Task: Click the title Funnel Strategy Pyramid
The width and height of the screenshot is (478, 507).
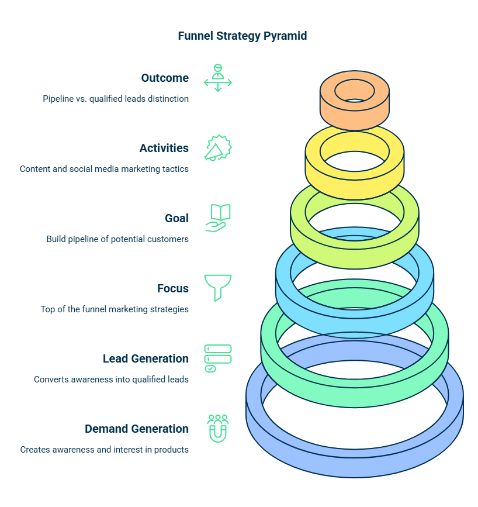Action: [x=242, y=36]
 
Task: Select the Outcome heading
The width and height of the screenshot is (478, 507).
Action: [x=165, y=78]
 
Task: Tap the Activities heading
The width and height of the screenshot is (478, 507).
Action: [x=164, y=148]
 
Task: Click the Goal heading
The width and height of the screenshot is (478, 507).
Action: [x=176, y=218]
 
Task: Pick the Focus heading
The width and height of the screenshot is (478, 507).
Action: [x=173, y=288]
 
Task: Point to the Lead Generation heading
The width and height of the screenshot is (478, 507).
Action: [x=146, y=358]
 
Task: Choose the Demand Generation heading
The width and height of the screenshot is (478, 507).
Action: [x=137, y=429]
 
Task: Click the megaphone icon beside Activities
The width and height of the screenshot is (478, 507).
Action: [x=217, y=148]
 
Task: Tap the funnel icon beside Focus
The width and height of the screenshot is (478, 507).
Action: [x=217, y=287]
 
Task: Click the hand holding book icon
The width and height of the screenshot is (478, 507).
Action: [x=217, y=218]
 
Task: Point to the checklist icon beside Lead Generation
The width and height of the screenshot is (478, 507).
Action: [x=217, y=358]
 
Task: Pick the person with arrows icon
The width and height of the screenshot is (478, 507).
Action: [x=217, y=78]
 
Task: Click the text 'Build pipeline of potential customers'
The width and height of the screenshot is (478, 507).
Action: [x=117, y=239]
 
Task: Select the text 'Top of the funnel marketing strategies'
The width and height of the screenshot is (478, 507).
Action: [x=115, y=309]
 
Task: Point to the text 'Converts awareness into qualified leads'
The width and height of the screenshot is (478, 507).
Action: [x=111, y=380]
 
